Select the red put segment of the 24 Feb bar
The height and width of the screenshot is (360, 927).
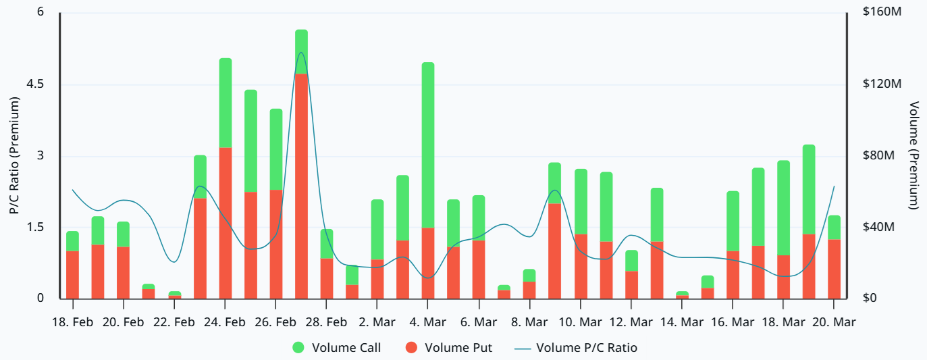pos(226,223)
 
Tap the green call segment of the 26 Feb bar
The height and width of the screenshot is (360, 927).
pos(276,149)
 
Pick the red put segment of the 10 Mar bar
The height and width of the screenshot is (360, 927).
pos(581,266)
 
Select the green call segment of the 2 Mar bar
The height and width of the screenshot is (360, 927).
pos(377,230)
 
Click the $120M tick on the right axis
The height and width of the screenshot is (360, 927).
pos(883,84)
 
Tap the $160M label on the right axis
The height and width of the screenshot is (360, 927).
pos(883,13)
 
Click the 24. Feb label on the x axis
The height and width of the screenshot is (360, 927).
pos(225,322)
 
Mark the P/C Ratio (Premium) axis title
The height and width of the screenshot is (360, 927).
pos(14,155)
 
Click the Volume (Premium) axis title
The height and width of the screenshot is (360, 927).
pos(914,155)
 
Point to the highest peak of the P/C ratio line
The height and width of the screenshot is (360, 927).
pos(301,53)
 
